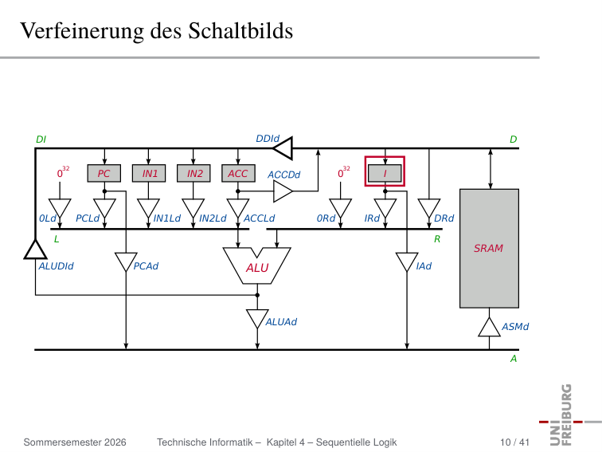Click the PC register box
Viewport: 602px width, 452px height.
(x=104, y=173)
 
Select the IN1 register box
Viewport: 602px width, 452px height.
(x=149, y=173)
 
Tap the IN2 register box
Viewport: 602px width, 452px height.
(x=193, y=173)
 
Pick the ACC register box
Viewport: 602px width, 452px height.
(x=238, y=173)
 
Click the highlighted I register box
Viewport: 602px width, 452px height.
(x=385, y=173)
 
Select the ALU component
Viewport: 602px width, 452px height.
(x=257, y=266)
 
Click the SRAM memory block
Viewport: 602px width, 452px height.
(x=489, y=248)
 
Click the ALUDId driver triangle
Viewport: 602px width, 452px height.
(x=35, y=250)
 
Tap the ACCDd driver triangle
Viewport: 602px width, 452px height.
(x=283, y=191)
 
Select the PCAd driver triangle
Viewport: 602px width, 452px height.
(x=126, y=261)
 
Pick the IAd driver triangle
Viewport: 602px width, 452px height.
(x=407, y=261)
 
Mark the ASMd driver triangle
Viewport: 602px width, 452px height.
(x=489, y=328)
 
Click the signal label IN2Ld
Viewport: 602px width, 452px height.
(x=213, y=218)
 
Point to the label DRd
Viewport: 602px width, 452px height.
(x=444, y=218)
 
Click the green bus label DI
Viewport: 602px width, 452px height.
(x=41, y=140)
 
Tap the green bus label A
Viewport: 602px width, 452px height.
(x=514, y=359)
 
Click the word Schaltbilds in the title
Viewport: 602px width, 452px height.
(x=240, y=31)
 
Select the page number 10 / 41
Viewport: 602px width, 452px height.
(x=514, y=442)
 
